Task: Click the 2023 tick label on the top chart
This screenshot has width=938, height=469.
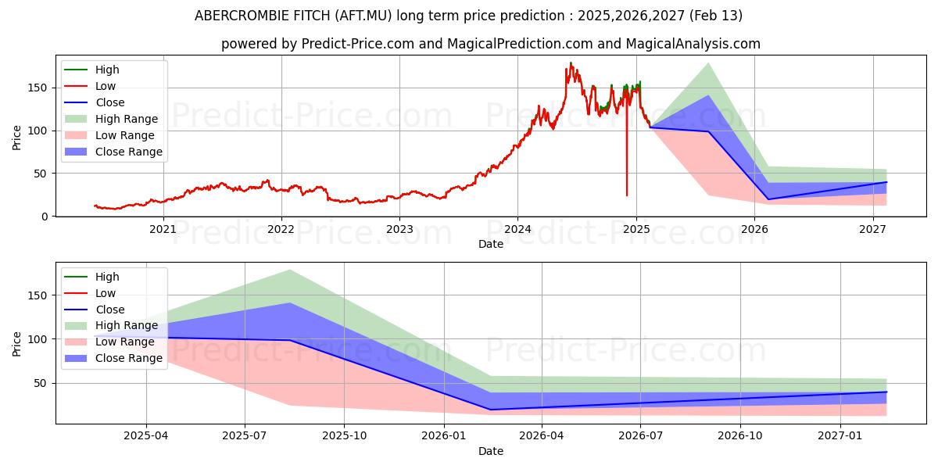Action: [x=399, y=230]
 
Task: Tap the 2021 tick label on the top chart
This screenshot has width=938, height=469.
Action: [x=163, y=230]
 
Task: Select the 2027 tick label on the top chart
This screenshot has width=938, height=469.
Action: [x=872, y=230]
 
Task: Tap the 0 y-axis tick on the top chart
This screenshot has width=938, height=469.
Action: [x=45, y=217]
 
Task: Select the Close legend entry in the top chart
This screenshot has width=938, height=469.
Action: [x=109, y=102]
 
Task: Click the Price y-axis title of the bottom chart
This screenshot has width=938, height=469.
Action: [x=17, y=343]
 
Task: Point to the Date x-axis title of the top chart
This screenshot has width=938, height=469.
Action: [x=490, y=244]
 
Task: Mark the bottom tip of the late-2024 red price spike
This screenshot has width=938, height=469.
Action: [x=626, y=195]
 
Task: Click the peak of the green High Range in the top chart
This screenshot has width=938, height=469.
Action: [x=708, y=63]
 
